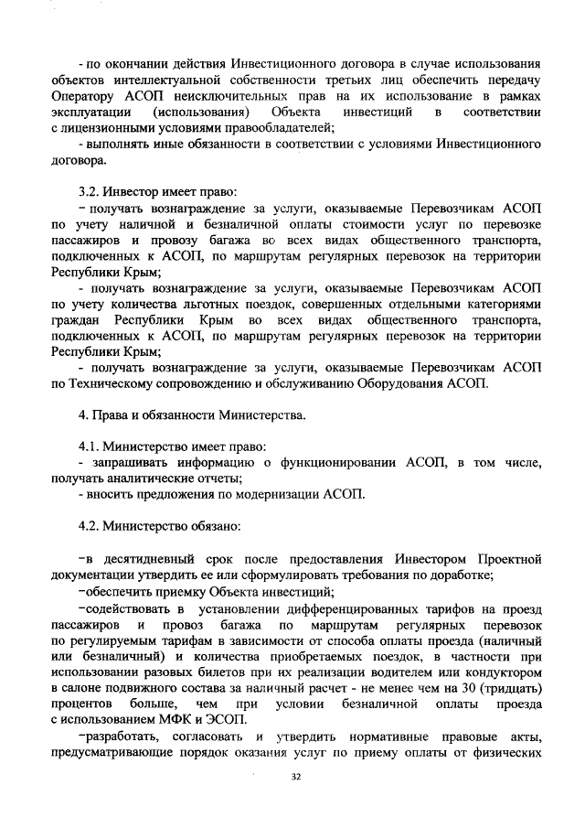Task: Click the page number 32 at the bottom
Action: tap(295, 777)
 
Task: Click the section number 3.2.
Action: tap(89, 193)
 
